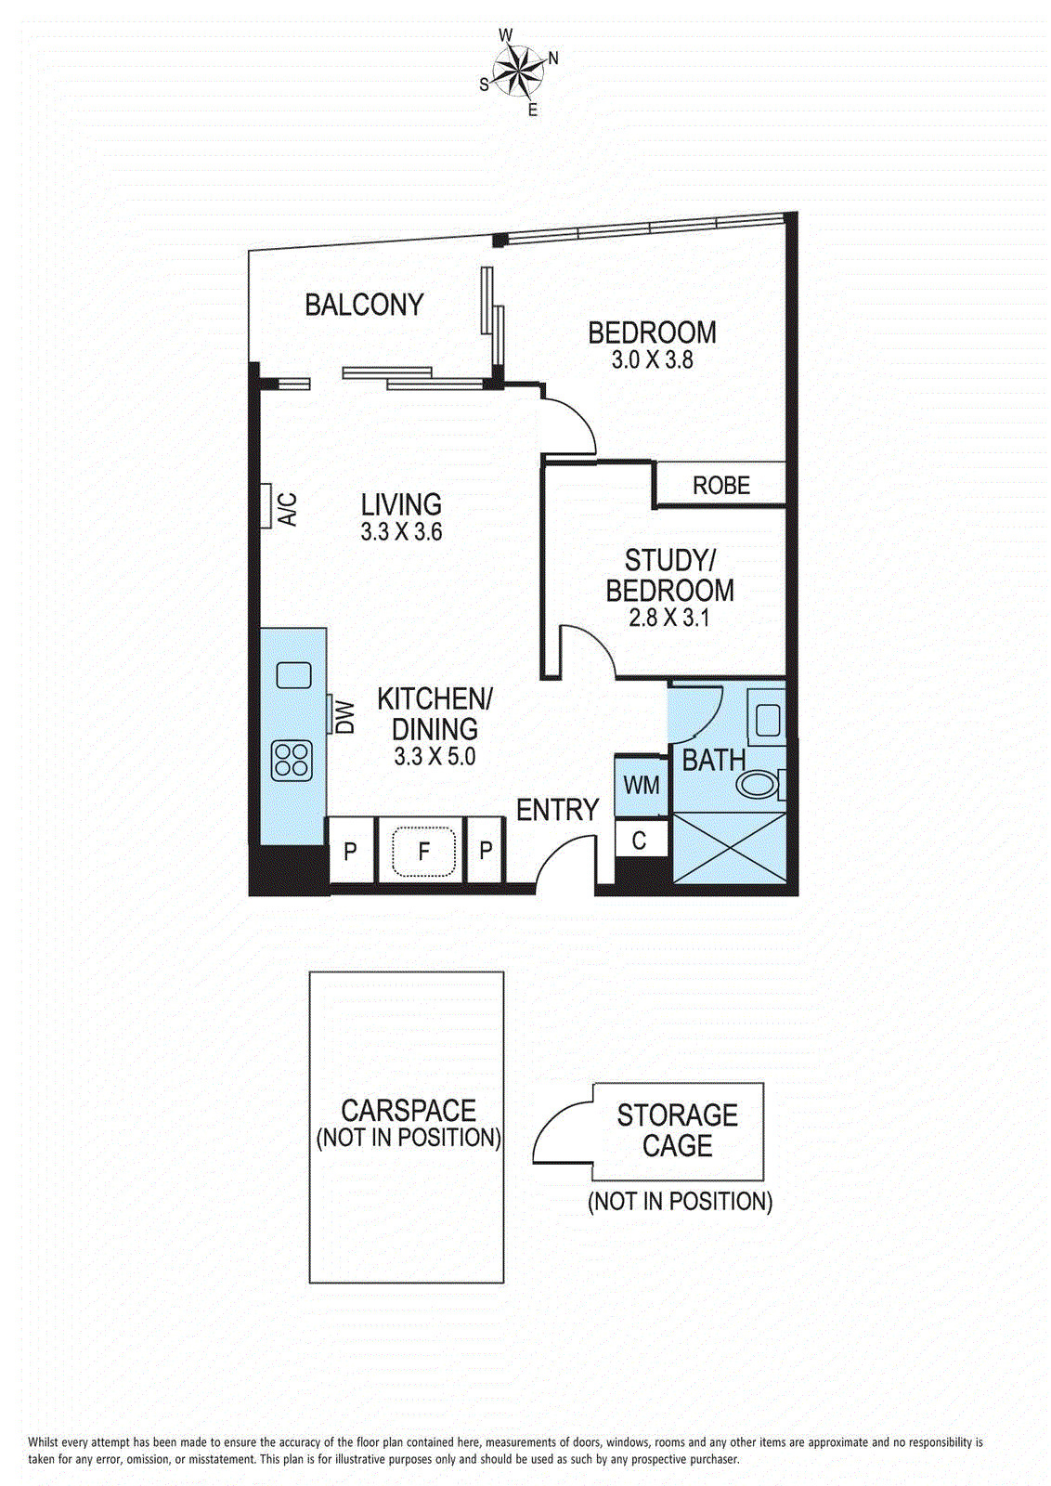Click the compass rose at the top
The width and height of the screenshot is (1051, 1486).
(519, 70)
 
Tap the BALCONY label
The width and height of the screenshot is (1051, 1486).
(364, 305)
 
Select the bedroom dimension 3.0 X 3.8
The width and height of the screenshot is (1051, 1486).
(652, 360)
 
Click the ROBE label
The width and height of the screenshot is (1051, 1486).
(720, 486)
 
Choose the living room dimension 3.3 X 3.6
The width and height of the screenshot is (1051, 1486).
(401, 532)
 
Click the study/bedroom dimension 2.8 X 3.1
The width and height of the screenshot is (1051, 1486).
(668, 618)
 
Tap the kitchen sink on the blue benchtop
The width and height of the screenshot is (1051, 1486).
(293, 673)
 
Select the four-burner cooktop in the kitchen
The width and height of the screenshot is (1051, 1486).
(292, 761)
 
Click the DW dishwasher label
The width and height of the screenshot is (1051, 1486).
(345, 716)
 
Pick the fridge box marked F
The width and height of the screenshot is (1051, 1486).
(423, 850)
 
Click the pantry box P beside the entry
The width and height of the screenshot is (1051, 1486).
(486, 850)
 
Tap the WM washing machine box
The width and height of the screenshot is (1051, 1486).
(642, 786)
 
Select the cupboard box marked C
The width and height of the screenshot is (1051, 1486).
(640, 841)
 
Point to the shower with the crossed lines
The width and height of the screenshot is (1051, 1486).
(729, 847)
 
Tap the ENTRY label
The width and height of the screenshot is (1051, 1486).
(557, 811)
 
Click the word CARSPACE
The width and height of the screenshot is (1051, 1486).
(409, 1111)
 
